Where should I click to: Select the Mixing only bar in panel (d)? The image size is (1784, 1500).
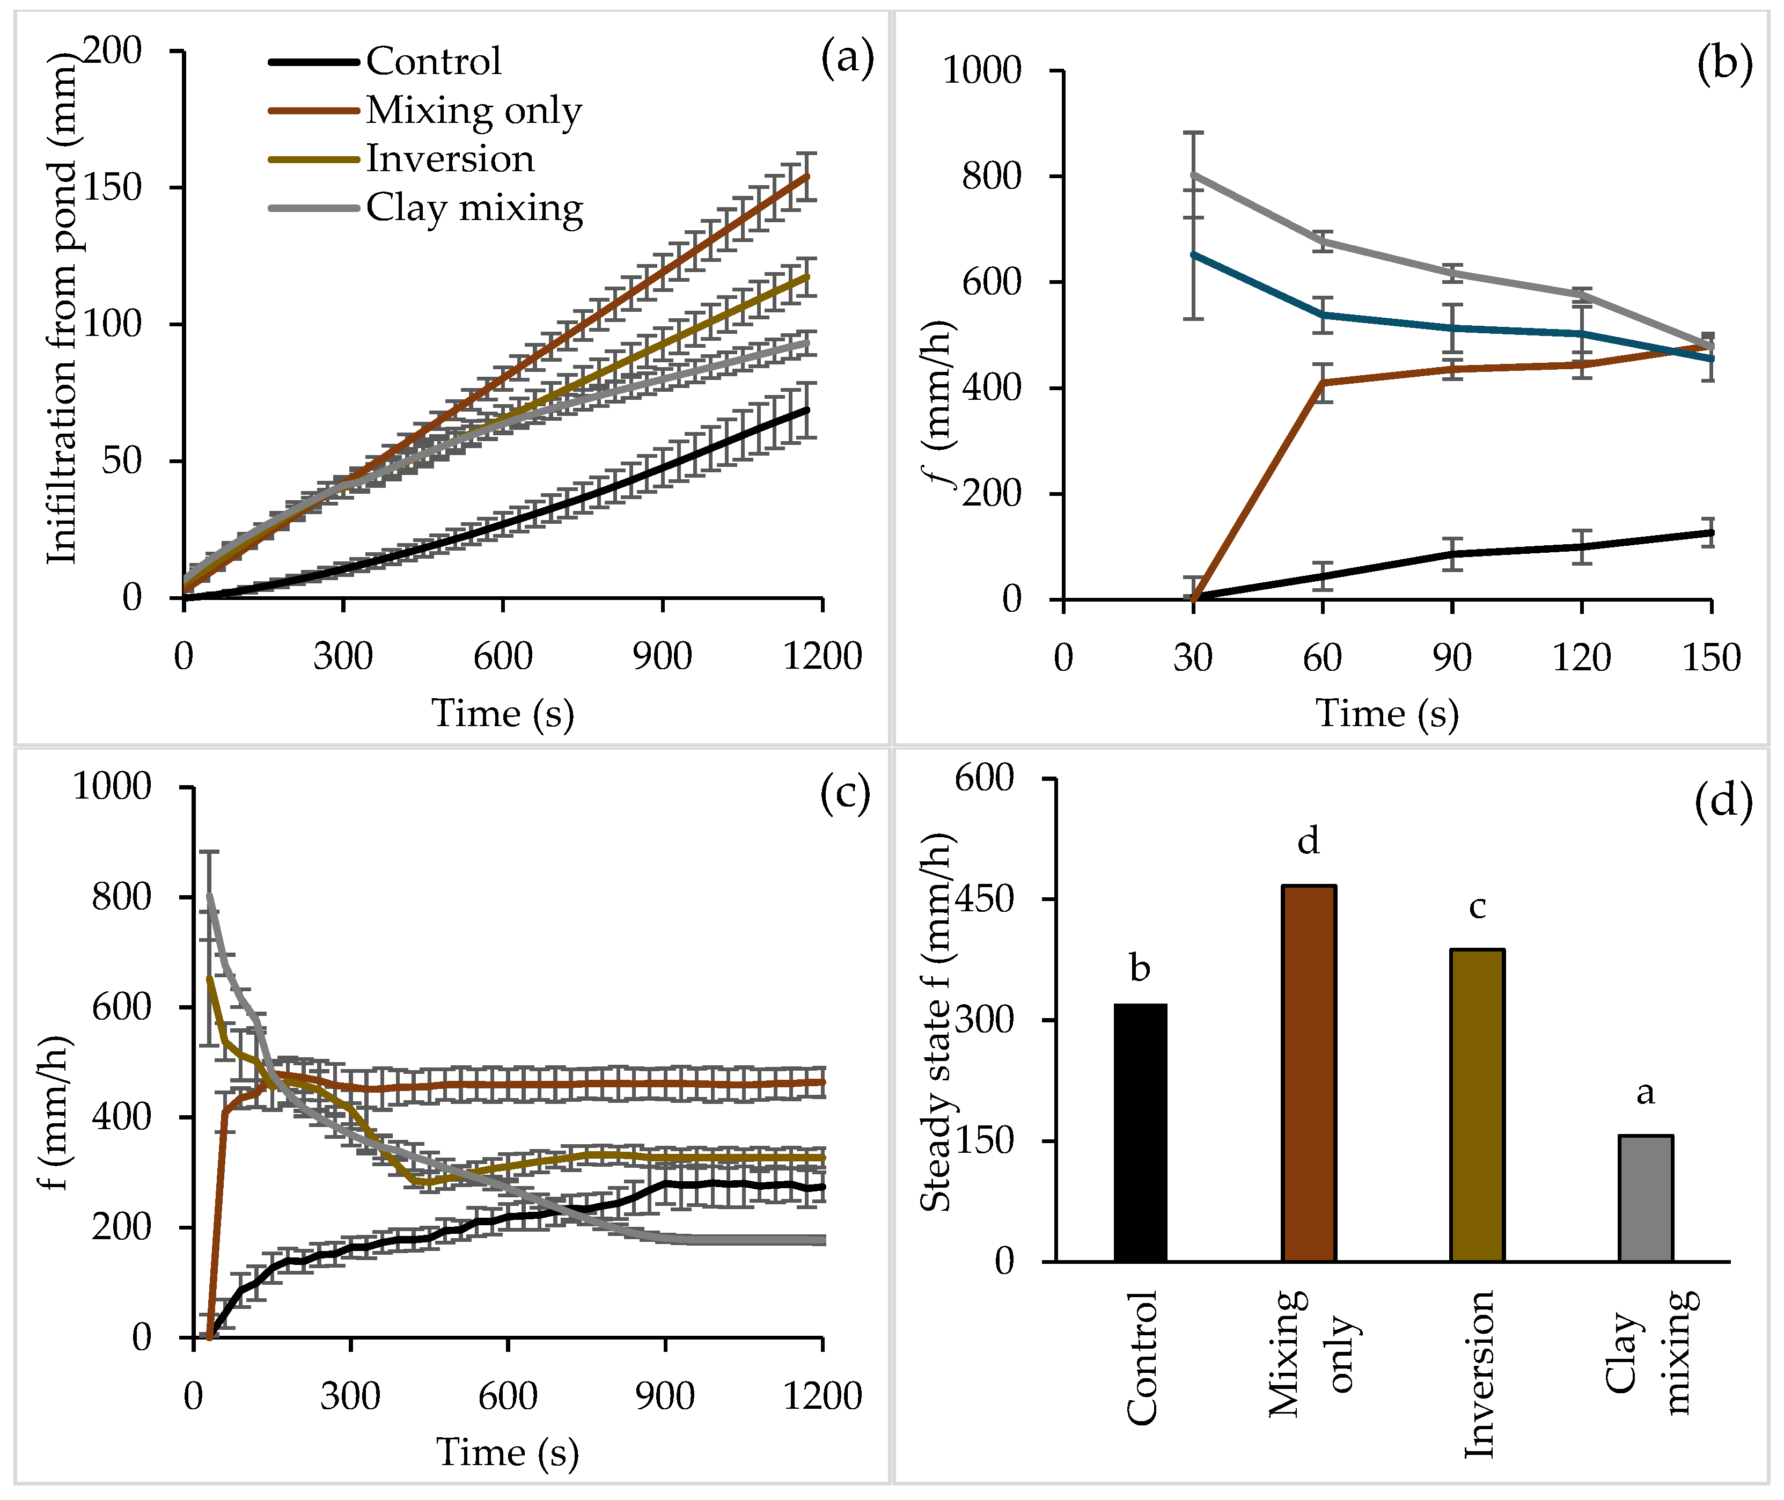(1309, 1073)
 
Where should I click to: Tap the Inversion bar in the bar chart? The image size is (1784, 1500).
(1477, 1106)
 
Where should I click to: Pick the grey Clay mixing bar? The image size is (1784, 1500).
(1646, 1198)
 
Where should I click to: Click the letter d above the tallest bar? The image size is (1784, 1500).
(1308, 841)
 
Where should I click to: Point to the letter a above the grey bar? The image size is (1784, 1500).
(1646, 1092)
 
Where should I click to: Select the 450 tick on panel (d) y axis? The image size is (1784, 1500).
(985, 899)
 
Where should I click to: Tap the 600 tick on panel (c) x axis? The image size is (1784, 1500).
(508, 1396)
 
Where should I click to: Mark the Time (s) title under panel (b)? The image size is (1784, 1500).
(1387, 713)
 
